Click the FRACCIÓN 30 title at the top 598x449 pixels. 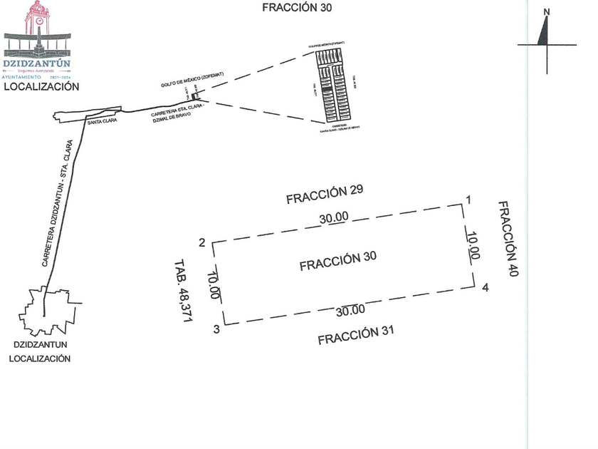pyautogui.click(x=297, y=8)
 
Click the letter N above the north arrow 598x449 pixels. pyautogui.click(x=546, y=11)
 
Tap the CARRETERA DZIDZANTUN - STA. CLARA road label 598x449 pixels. pyautogui.click(x=58, y=204)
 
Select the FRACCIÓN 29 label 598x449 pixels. pyautogui.click(x=325, y=195)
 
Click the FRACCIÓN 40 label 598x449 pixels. pyautogui.click(x=506, y=238)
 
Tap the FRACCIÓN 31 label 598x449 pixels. pyautogui.click(x=355, y=335)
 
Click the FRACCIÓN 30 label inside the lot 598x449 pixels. pyautogui.click(x=338, y=262)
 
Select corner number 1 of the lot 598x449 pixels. pyautogui.click(x=468, y=200)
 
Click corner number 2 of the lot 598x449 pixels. pyautogui.click(x=202, y=244)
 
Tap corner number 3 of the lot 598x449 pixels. pyautogui.click(x=216, y=330)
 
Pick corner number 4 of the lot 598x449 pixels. pyautogui.click(x=485, y=288)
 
